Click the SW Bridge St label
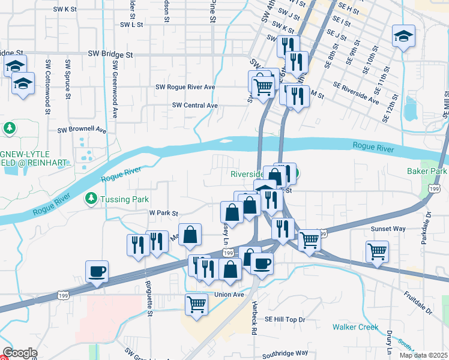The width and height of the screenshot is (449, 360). tap(110, 54)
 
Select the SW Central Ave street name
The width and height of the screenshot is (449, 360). tap(194, 105)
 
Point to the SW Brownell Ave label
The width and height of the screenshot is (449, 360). tap(82, 130)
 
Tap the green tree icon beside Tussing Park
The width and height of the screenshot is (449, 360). tap(91, 198)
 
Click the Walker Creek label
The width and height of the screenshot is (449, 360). tap(355, 327)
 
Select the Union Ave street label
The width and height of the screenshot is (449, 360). tap(229, 295)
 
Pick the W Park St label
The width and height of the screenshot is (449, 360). tap(164, 213)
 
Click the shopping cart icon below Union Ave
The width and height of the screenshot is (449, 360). tap(197, 305)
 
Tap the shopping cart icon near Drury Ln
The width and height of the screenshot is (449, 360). tap(377, 251)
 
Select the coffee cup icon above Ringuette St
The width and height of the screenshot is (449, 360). tap(97, 271)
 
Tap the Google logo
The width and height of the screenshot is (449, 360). tap(20, 353)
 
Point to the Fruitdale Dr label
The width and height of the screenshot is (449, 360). tap(418, 304)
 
